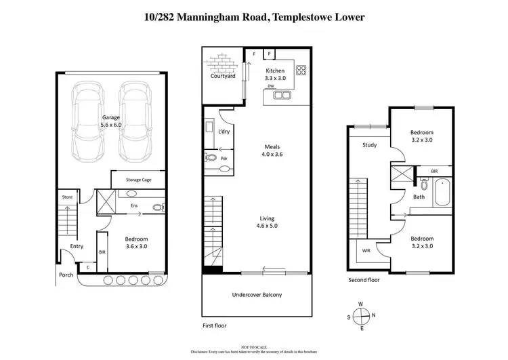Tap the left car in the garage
tap(88, 120)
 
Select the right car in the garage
tap(134, 120)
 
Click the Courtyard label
tap(223, 76)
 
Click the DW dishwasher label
tap(270, 87)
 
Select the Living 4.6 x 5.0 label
tap(266, 222)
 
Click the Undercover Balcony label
tap(257, 295)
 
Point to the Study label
tap(369, 144)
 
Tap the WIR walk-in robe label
tap(366, 250)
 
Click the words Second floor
tap(364, 279)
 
